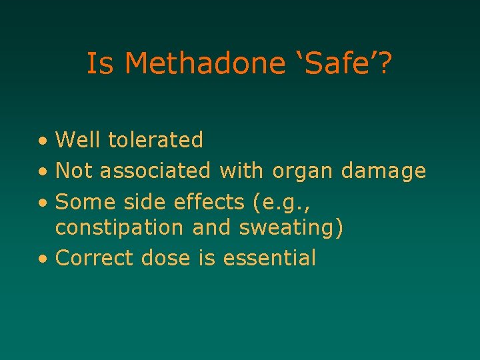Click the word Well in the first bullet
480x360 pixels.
(79, 140)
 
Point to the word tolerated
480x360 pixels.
(155, 140)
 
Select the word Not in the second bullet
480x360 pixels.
(75, 171)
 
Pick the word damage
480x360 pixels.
(383, 172)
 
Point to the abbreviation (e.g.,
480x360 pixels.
(277, 201)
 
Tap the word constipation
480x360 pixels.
(119, 228)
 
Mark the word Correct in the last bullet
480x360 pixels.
(95, 257)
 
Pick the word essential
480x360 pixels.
(269, 257)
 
